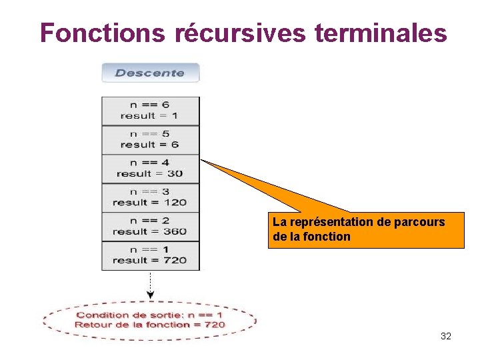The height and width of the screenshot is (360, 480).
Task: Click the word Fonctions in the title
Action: pos(102,33)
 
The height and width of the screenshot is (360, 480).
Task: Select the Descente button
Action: pos(150,73)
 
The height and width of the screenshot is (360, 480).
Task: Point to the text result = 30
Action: pos(150,174)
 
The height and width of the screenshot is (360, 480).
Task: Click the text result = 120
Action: pos(150,203)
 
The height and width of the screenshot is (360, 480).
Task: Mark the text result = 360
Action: pos(150,232)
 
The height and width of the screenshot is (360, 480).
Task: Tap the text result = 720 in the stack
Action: pos(150,261)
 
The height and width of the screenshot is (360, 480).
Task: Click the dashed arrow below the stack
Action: pos(150,285)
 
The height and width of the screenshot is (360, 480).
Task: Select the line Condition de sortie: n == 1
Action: pos(150,315)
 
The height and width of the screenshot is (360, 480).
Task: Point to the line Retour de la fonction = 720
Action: pos(150,325)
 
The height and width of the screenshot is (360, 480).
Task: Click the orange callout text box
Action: pos(366,230)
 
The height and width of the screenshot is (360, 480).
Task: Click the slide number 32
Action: pos(446,336)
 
